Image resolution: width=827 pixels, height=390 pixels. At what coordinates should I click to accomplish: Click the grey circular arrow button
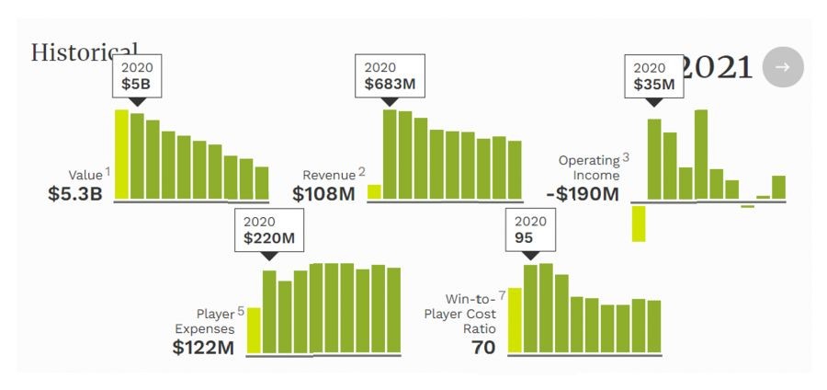click(783, 67)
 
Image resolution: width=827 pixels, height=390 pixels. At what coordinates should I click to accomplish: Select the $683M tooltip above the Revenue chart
click(390, 75)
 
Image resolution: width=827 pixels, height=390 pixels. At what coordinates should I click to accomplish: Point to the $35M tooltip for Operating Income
click(653, 75)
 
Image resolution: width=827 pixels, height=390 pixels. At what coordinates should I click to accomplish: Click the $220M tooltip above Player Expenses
click(268, 230)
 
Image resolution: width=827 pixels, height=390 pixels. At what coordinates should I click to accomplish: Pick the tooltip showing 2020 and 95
click(530, 230)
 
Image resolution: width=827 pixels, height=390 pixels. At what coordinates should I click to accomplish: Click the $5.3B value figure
click(74, 194)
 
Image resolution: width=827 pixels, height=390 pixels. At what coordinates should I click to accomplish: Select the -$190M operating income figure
click(582, 194)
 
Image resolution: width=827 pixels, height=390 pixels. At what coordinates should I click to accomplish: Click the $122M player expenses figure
click(203, 348)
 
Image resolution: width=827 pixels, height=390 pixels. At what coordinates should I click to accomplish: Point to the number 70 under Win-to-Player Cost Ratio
click(483, 348)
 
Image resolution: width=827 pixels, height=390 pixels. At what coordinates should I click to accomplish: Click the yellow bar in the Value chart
click(121, 154)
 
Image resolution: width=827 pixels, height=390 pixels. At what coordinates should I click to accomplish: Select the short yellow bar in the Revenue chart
click(374, 191)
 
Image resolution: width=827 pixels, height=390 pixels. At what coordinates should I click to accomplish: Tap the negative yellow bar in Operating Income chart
click(639, 224)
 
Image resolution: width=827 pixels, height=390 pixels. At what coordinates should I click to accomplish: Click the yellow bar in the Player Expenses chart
click(255, 330)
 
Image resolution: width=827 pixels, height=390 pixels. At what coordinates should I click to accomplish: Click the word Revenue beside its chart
click(328, 175)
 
